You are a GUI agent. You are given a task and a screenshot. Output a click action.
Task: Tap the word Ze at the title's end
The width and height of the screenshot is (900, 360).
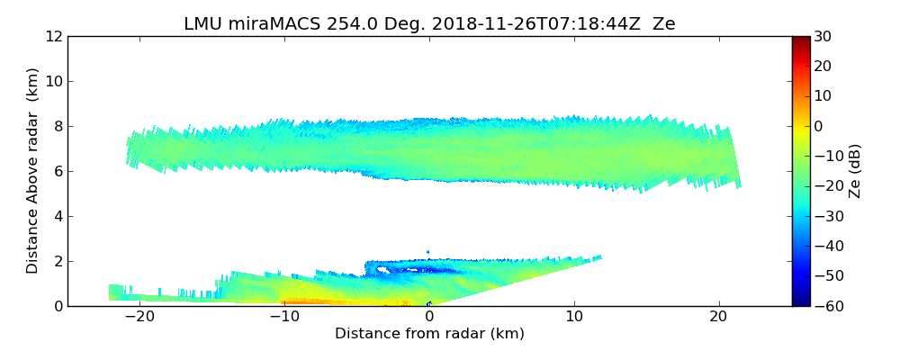664,24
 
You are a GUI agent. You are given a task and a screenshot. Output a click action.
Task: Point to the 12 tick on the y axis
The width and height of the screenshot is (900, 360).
54,36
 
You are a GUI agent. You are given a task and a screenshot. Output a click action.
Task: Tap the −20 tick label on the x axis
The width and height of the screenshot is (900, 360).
139,318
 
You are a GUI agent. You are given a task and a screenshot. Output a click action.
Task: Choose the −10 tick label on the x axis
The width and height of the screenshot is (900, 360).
284,318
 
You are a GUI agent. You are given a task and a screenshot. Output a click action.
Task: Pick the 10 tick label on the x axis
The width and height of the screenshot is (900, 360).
574,318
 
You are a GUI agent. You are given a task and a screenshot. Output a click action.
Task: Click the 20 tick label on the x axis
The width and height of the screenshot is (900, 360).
718,318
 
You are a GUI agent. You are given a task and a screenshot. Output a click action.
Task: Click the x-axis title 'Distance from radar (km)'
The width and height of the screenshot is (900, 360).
429,334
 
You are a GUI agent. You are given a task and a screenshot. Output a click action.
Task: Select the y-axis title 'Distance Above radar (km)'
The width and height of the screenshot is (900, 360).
33,170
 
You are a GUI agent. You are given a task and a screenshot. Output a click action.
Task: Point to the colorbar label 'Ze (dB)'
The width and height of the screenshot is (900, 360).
855,171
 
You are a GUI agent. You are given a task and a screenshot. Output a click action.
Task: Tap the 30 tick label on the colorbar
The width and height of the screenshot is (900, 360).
821,36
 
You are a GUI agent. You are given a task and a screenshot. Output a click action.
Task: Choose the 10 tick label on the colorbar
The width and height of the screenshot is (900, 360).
821,96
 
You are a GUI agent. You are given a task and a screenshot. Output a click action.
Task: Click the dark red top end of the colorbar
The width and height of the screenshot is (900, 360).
800,40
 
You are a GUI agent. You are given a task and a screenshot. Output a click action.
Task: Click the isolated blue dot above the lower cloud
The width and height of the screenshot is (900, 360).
427,252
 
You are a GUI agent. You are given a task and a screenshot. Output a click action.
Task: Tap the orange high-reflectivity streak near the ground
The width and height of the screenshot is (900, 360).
315,301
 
